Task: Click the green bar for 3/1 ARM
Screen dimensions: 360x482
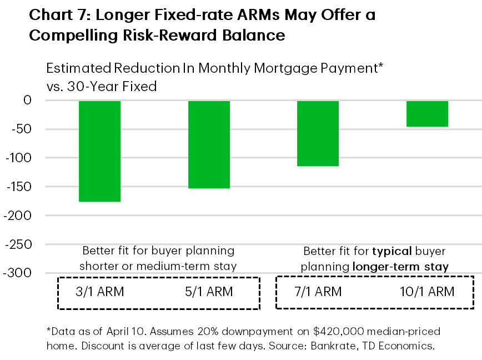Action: (100, 151)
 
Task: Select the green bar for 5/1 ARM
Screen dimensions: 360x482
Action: (209, 144)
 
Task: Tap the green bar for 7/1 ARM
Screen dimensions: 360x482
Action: (318, 133)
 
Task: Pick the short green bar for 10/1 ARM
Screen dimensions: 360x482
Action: (428, 114)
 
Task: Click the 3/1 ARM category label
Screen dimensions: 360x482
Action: (100, 292)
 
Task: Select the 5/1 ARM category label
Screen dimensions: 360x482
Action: (209, 292)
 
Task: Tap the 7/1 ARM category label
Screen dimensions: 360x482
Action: (318, 292)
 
